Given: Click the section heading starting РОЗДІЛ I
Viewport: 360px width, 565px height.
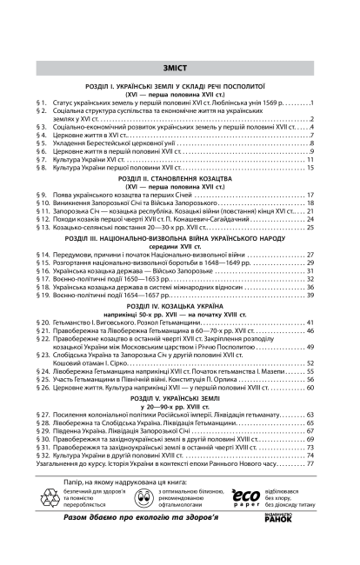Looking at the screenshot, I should [179, 88].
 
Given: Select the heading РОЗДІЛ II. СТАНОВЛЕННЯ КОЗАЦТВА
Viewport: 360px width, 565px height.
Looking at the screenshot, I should [179, 176].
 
